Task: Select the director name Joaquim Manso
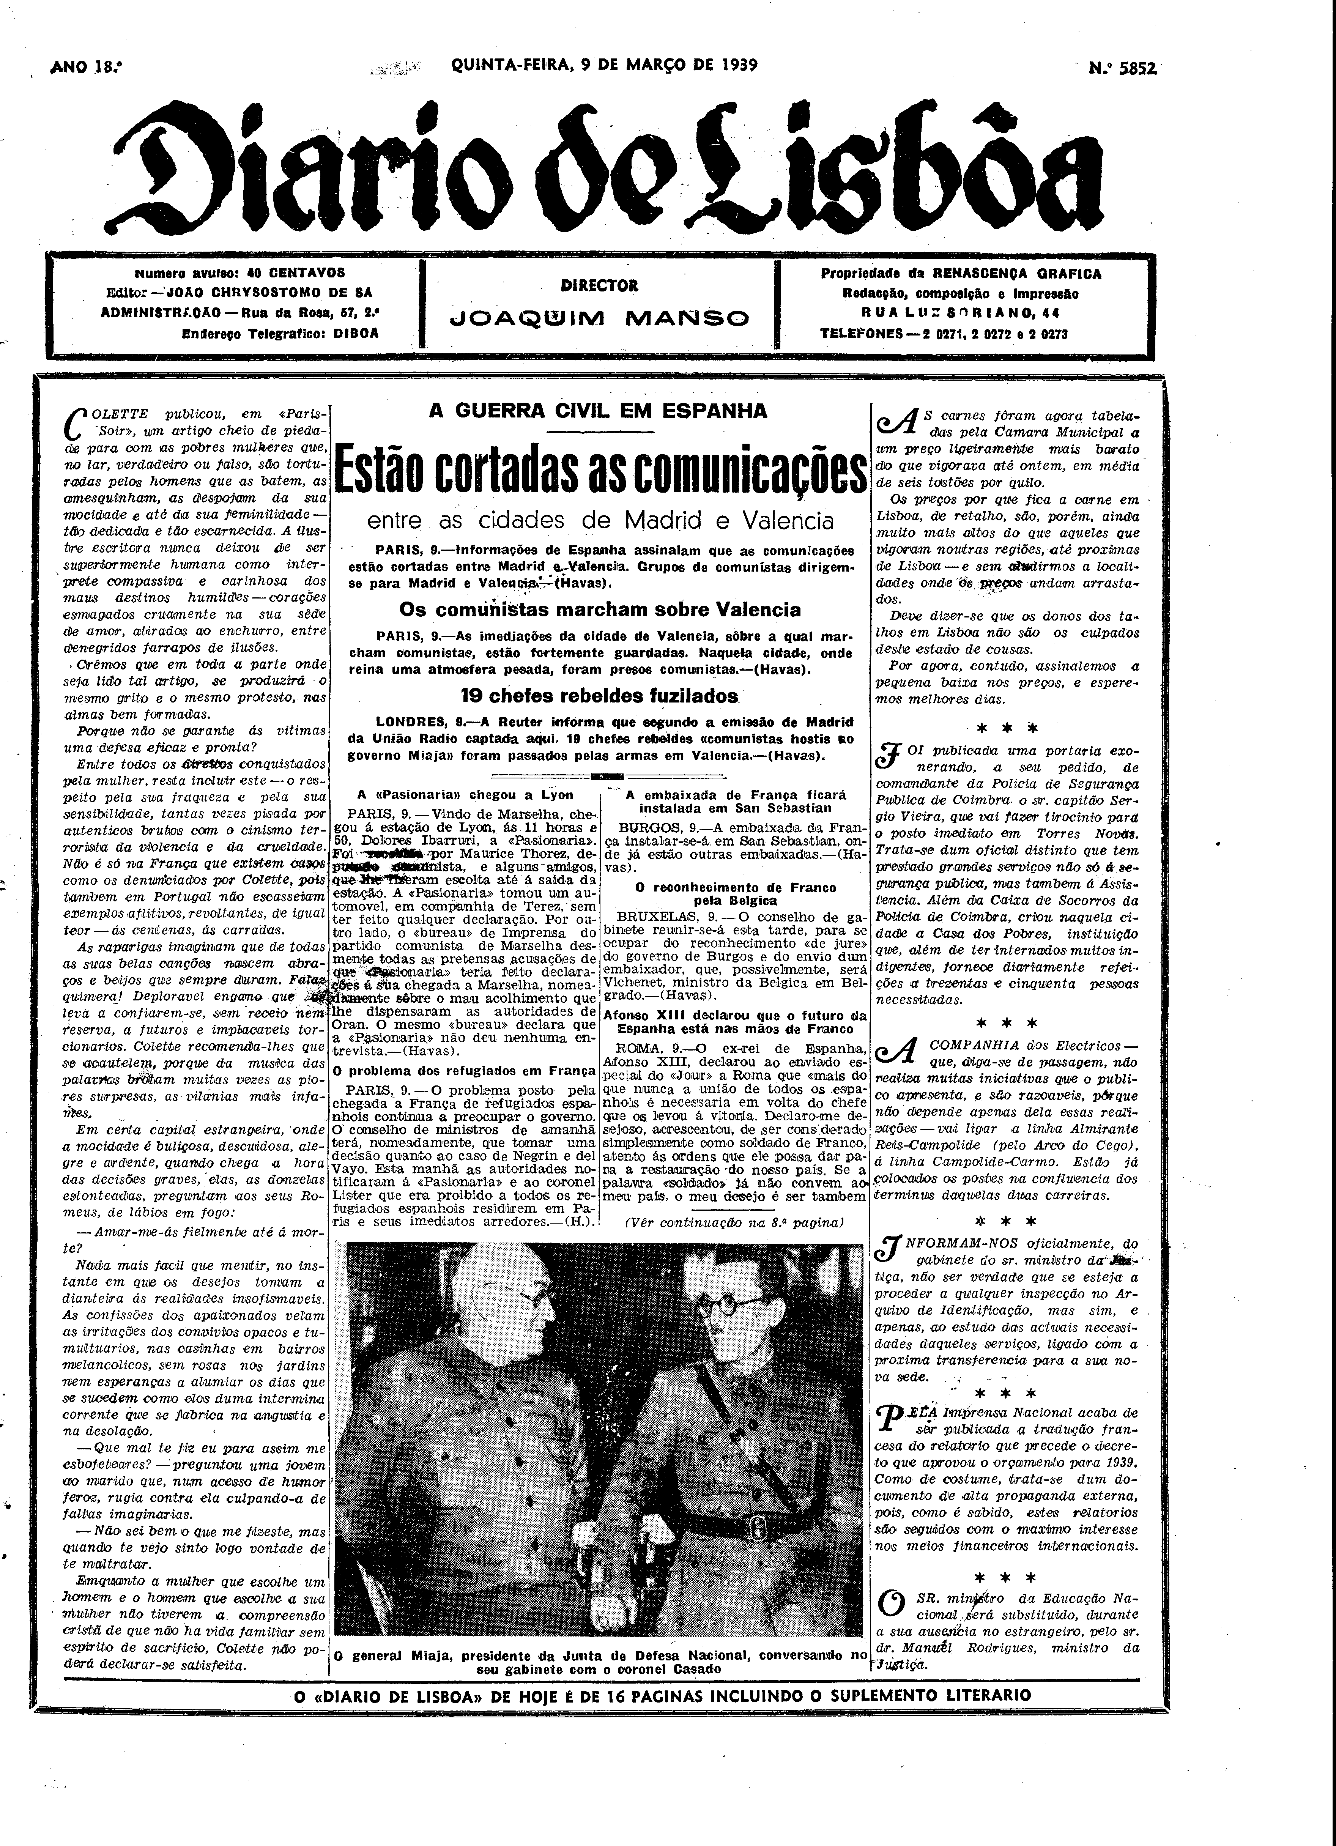point(599,318)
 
